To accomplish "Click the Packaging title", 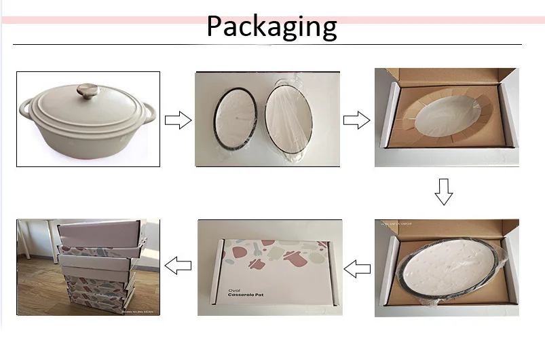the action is tap(271, 26).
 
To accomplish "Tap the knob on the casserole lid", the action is tap(88, 91).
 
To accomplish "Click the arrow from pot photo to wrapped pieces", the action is tap(178, 121).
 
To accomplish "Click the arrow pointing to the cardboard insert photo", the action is tap(356, 121).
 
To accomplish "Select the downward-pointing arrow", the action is tap(443, 192).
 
